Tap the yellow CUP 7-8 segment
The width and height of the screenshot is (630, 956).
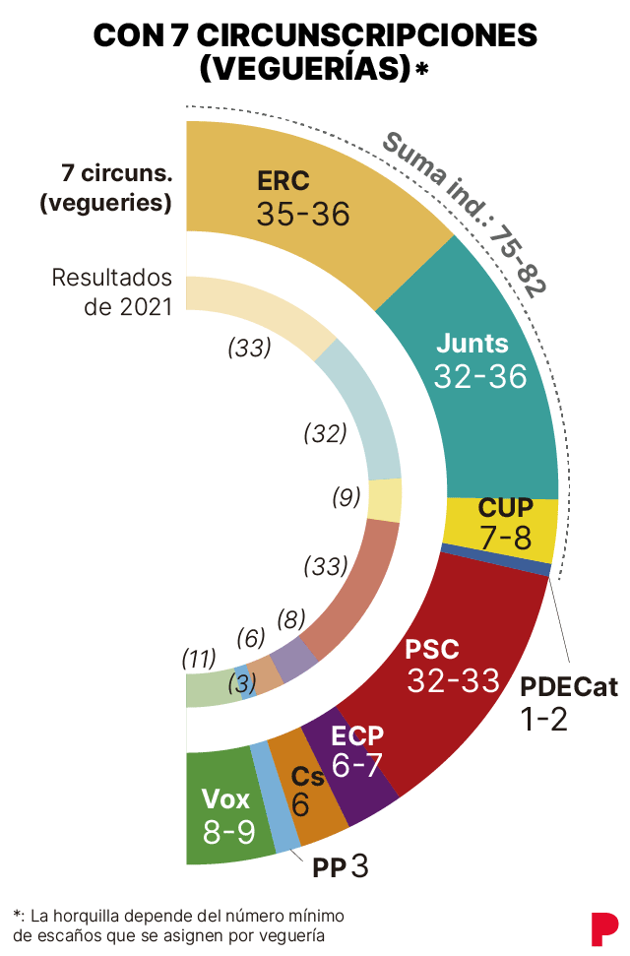(504, 522)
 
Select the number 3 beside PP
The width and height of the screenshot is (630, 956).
(359, 866)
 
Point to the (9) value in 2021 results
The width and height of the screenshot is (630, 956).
(346, 498)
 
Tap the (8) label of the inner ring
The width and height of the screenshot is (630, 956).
(290, 619)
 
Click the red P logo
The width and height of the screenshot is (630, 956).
(603, 929)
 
